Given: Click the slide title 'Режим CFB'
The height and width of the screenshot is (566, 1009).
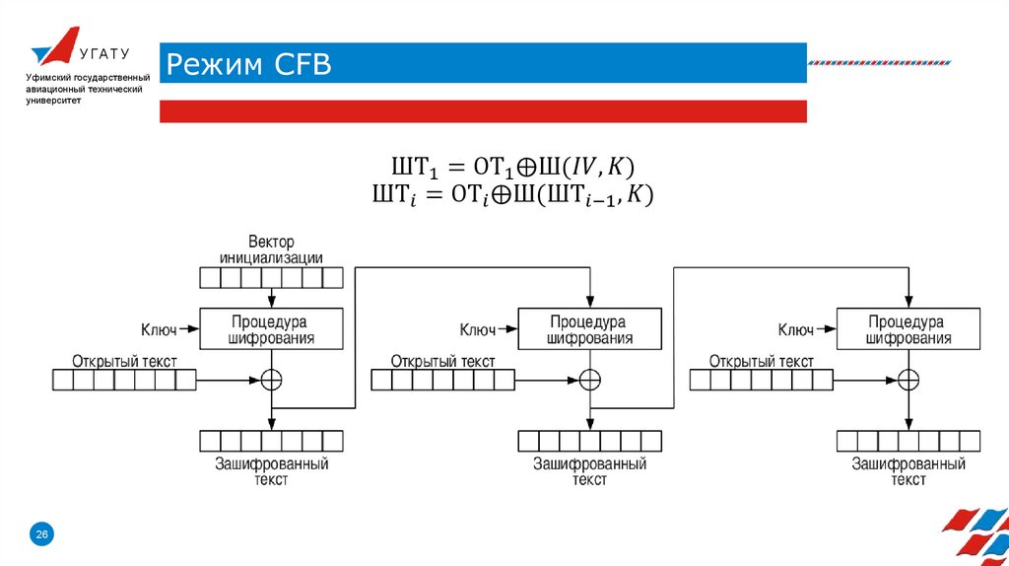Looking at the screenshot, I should tap(247, 65).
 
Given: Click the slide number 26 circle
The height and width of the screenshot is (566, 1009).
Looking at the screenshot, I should tap(42, 533).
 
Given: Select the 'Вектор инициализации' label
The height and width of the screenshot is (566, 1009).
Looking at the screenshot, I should tap(271, 250).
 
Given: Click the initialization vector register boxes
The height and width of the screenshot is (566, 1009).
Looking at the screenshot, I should tap(271, 277).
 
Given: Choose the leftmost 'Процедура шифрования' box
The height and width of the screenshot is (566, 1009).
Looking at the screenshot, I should tap(271, 329).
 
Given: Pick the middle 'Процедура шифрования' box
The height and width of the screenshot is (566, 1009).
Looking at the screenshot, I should tap(589, 329).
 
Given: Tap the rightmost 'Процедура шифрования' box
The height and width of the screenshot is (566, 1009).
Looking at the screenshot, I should tap(908, 329).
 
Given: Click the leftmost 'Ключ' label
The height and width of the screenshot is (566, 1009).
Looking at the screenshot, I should tap(159, 329).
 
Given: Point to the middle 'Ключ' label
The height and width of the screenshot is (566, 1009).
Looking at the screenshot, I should tap(477, 329).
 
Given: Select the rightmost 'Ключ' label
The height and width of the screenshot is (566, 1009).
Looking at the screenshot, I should tap(795, 329).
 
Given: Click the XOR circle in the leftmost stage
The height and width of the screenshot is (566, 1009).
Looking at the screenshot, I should tap(271, 379).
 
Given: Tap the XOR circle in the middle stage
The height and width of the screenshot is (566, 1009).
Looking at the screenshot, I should tap(589, 379).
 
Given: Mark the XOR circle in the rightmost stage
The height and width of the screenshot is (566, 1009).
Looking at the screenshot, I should tap(908, 379).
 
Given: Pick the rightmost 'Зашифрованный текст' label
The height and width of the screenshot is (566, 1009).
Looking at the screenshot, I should tap(908, 471).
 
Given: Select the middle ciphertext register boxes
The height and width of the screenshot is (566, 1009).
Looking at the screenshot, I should tap(589, 441).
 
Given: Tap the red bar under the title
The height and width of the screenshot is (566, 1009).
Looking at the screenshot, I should tap(483, 111).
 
